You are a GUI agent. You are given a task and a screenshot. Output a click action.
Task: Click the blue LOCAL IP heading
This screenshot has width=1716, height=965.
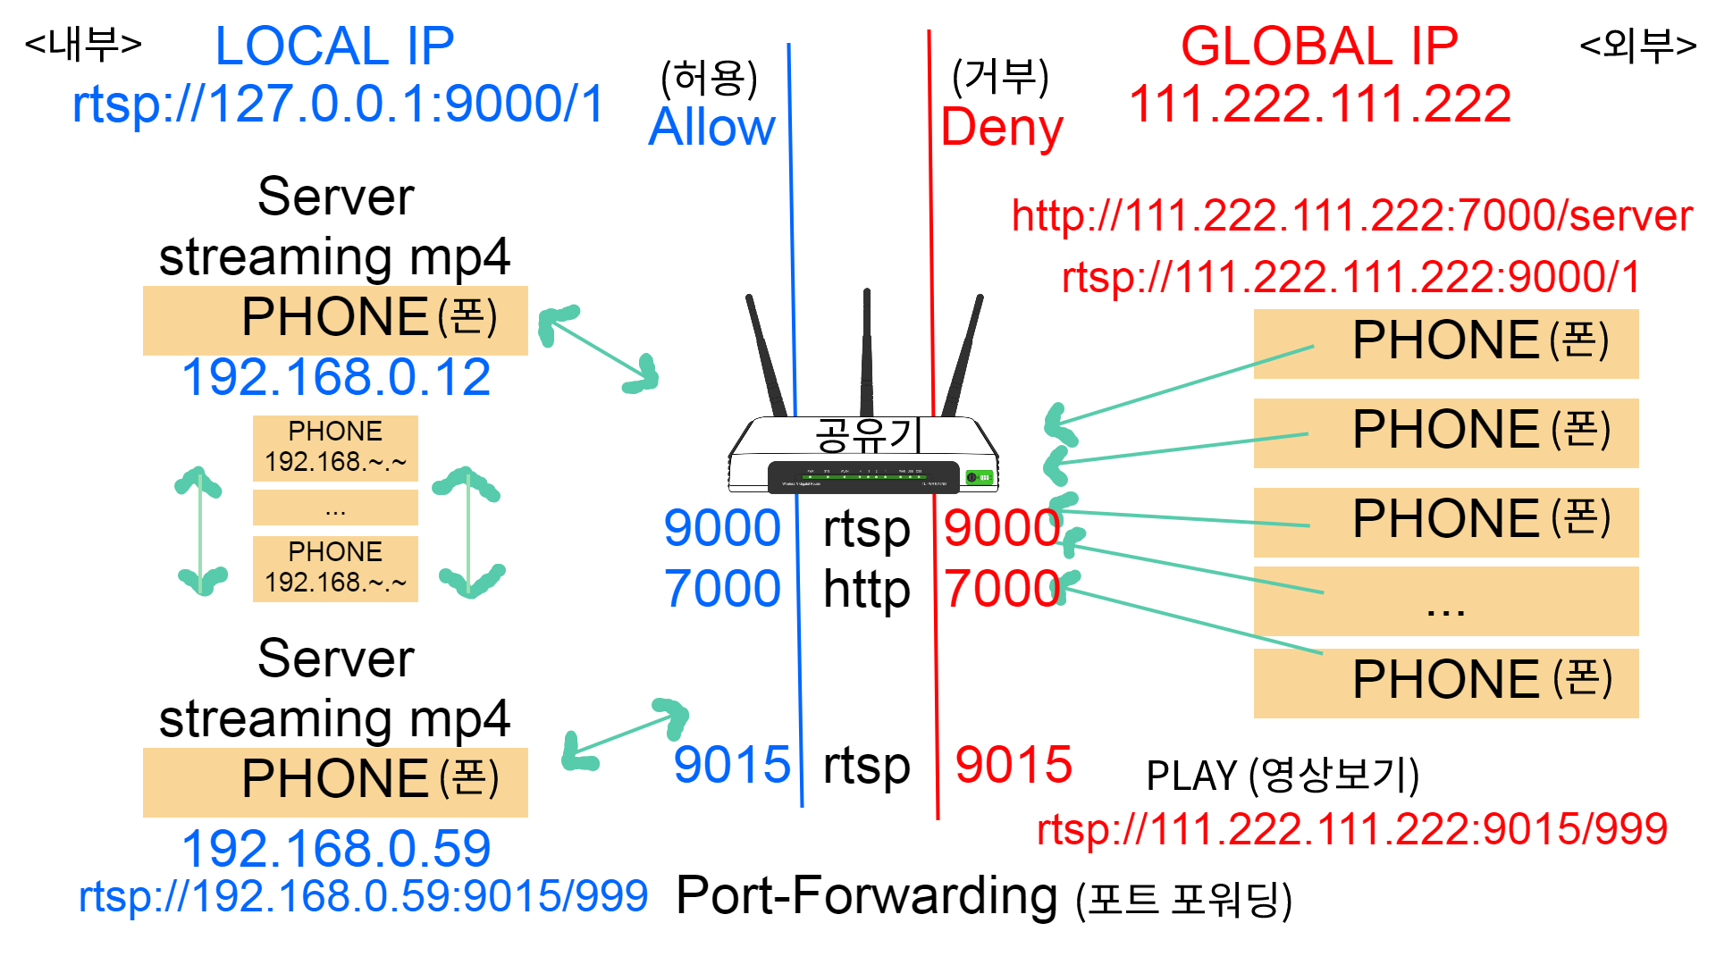(x=334, y=46)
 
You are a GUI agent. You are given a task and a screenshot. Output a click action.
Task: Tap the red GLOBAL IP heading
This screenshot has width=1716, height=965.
(x=1319, y=46)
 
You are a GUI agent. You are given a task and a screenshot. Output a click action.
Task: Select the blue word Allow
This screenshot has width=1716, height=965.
(x=711, y=127)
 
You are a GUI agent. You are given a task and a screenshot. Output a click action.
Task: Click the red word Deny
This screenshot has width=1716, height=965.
(x=1002, y=127)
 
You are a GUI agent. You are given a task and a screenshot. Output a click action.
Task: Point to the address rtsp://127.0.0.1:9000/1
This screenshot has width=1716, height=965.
(x=339, y=104)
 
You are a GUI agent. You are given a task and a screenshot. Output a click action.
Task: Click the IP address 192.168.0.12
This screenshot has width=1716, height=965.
(x=336, y=377)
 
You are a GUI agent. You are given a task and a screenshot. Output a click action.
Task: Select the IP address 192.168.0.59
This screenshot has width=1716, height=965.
(x=336, y=848)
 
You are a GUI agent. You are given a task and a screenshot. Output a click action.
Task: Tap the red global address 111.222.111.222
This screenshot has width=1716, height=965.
(x=1320, y=104)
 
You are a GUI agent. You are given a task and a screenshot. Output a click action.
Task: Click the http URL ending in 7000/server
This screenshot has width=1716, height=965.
(x=1351, y=215)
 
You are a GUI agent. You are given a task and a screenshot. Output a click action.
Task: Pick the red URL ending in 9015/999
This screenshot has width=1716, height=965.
(x=1351, y=829)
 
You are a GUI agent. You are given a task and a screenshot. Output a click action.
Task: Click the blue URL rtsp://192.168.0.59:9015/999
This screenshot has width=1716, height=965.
(x=363, y=896)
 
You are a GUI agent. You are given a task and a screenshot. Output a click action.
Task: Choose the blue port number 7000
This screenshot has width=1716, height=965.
(x=722, y=589)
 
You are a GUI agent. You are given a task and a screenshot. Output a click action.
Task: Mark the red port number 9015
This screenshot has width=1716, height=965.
(x=1013, y=765)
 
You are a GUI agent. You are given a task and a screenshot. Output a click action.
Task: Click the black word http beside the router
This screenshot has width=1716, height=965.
(x=866, y=589)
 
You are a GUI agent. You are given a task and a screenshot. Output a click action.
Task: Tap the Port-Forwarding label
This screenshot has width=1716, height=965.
(x=866, y=895)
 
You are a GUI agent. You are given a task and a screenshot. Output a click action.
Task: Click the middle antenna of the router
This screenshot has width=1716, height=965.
(x=866, y=353)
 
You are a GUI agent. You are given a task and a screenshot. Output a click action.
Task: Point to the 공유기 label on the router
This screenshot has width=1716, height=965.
(x=866, y=435)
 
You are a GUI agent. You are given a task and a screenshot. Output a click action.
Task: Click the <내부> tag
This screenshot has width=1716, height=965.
(x=83, y=44)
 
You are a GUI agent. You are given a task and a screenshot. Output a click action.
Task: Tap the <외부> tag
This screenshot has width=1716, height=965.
(x=1637, y=44)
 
